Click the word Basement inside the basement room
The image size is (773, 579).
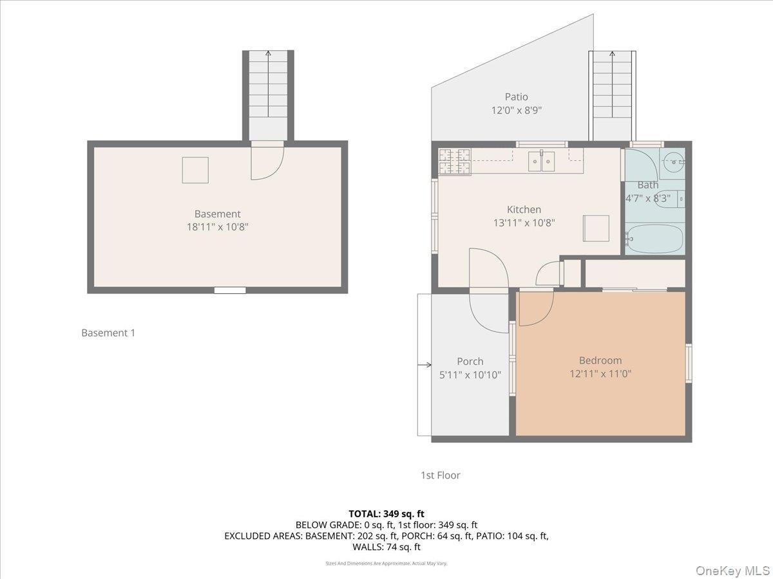[217, 214]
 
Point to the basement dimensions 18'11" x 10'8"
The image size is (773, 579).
[217, 226]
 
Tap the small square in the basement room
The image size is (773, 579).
[195, 170]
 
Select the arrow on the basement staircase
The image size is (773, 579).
[268, 54]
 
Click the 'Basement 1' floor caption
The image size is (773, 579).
[108, 333]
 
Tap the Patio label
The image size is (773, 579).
[516, 97]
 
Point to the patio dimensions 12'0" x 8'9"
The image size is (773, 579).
[516, 110]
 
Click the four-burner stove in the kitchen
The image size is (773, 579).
[455, 161]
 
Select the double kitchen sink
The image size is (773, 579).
[542, 161]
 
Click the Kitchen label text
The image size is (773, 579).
[524, 209]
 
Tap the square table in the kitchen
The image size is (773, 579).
[596, 228]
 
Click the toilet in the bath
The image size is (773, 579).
[680, 199]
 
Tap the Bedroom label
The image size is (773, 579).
[600, 360]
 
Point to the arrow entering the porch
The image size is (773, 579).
[425, 365]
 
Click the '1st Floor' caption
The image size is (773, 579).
[441, 475]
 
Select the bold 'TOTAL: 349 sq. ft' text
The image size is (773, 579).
[386, 513]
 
